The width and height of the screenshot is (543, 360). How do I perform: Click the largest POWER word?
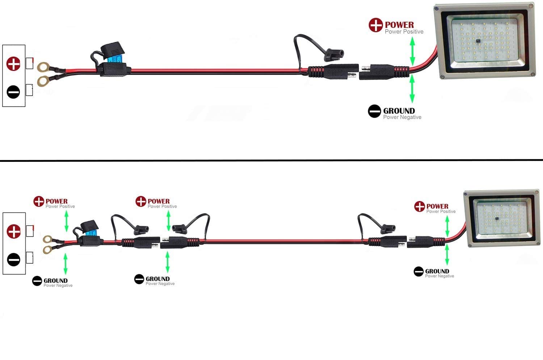click(399, 25)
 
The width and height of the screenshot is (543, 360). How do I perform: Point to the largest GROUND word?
click(399, 111)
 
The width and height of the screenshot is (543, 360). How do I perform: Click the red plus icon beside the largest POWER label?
click(376, 25)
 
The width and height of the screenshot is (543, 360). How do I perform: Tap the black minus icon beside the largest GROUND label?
click(374, 111)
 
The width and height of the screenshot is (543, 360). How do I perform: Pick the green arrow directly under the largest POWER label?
click(412, 51)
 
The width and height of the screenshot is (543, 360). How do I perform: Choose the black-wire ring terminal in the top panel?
click(43, 81)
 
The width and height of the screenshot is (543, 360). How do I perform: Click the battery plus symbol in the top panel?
click(14, 64)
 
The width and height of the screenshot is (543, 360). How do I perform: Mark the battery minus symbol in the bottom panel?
click(14, 259)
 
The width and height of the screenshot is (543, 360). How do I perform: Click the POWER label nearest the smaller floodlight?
click(437, 206)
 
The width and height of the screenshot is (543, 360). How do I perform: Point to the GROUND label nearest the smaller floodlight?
click(437, 271)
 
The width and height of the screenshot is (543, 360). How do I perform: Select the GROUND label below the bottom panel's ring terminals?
click(55, 281)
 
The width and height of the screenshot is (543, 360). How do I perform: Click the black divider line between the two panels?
click(271, 160)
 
